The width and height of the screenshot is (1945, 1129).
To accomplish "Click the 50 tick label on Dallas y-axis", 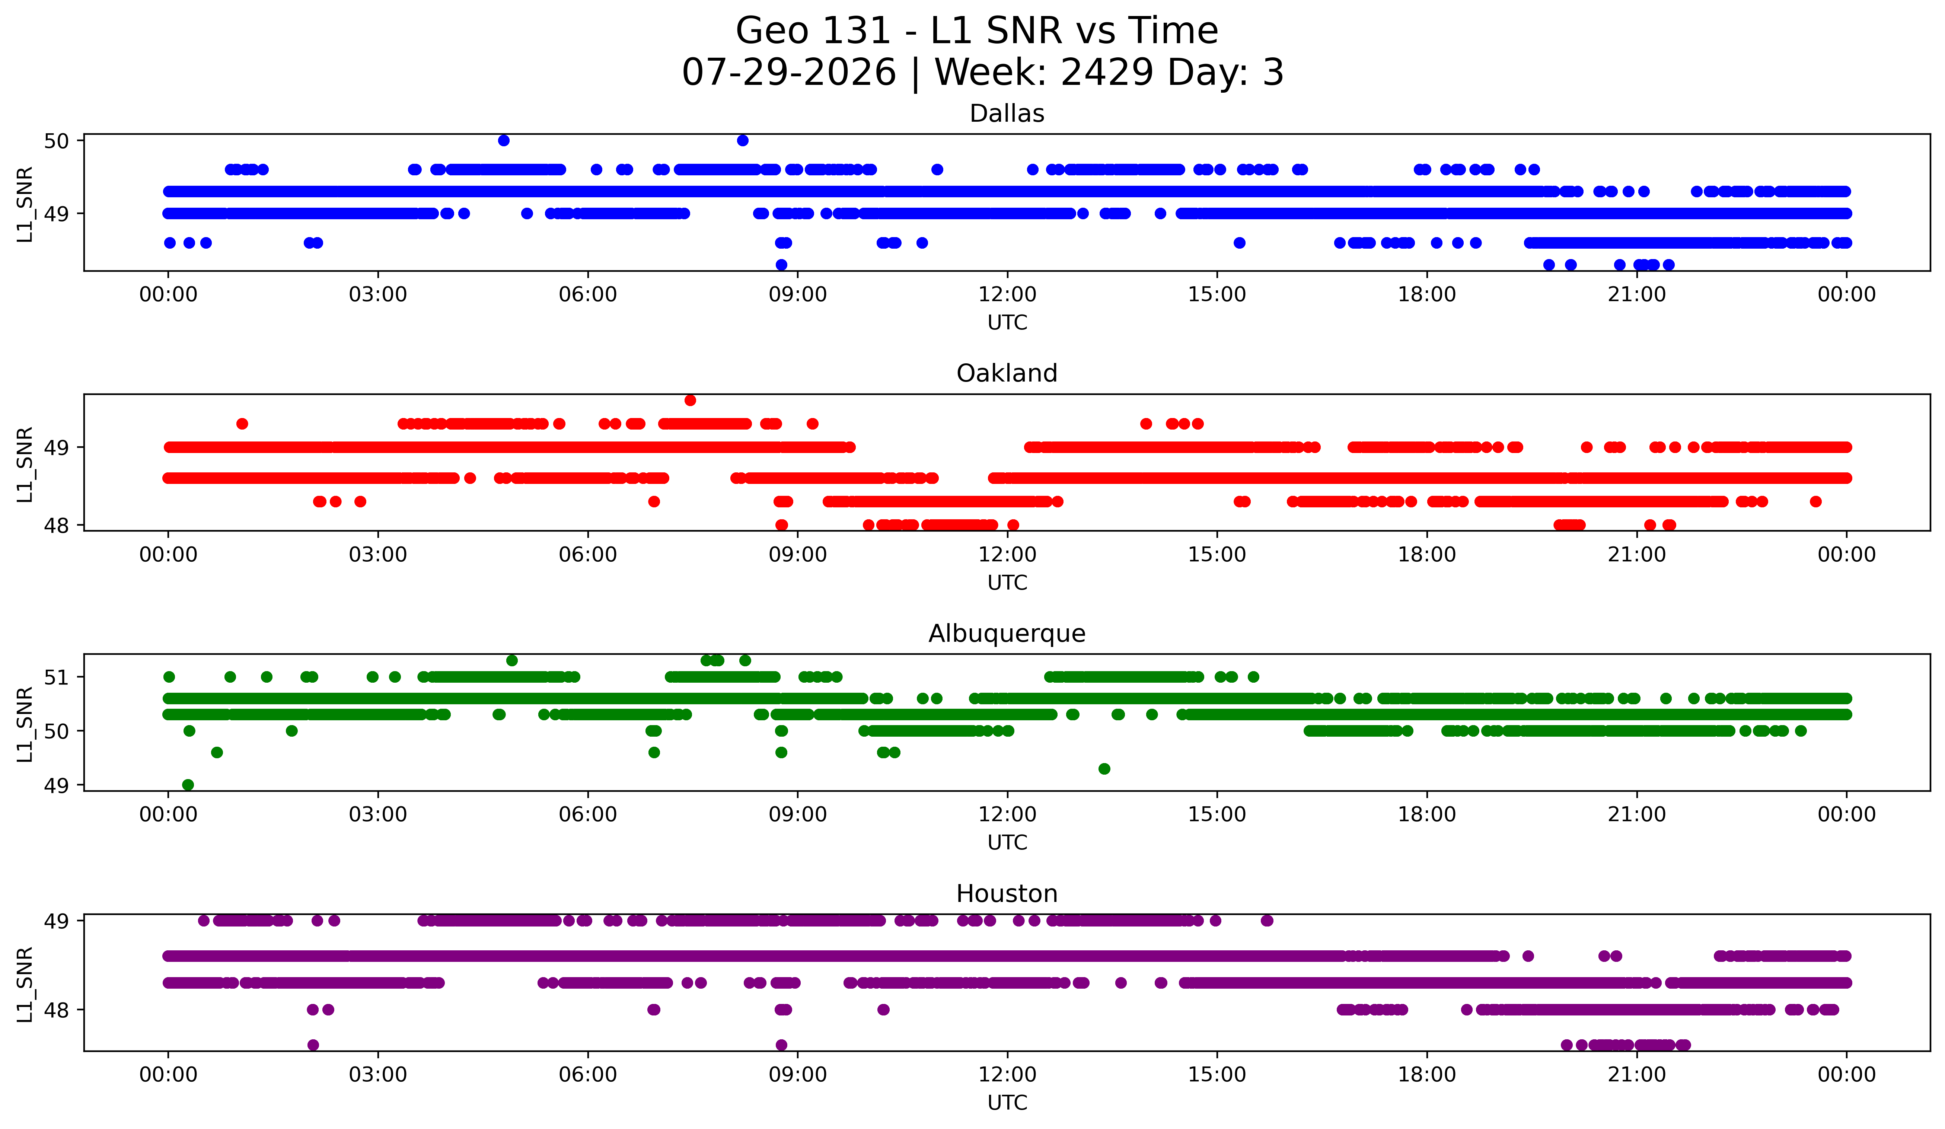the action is (x=56, y=140).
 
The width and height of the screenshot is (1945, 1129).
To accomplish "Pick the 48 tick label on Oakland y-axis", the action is (x=56, y=526).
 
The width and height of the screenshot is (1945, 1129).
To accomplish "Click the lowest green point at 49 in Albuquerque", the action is (x=188, y=785).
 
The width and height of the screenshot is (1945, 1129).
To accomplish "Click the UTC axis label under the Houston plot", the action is (x=1007, y=1103).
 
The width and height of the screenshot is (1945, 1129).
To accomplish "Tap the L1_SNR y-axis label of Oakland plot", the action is (x=25, y=465).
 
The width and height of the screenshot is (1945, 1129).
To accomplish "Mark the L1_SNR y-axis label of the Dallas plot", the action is (x=25, y=204).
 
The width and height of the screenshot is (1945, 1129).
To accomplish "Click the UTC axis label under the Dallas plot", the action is (x=1007, y=323).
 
